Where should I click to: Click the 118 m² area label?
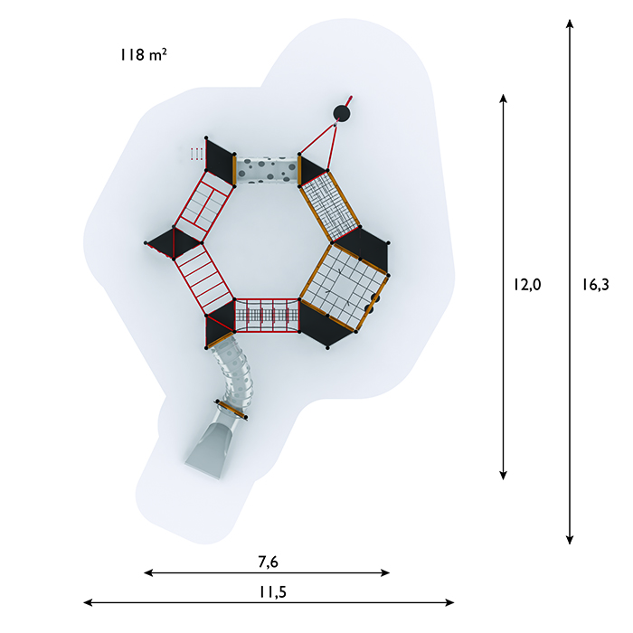[143, 54]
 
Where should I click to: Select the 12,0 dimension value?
[527, 285]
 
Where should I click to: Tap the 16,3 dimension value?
[595, 285]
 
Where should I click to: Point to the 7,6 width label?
[268, 562]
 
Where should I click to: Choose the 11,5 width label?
[272, 591]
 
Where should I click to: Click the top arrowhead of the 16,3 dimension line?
[570, 23]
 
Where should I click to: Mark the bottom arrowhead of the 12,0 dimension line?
[503, 476]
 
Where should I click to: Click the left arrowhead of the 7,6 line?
[148, 572]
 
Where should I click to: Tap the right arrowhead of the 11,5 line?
[449, 603]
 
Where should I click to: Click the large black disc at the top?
[341, 113]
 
